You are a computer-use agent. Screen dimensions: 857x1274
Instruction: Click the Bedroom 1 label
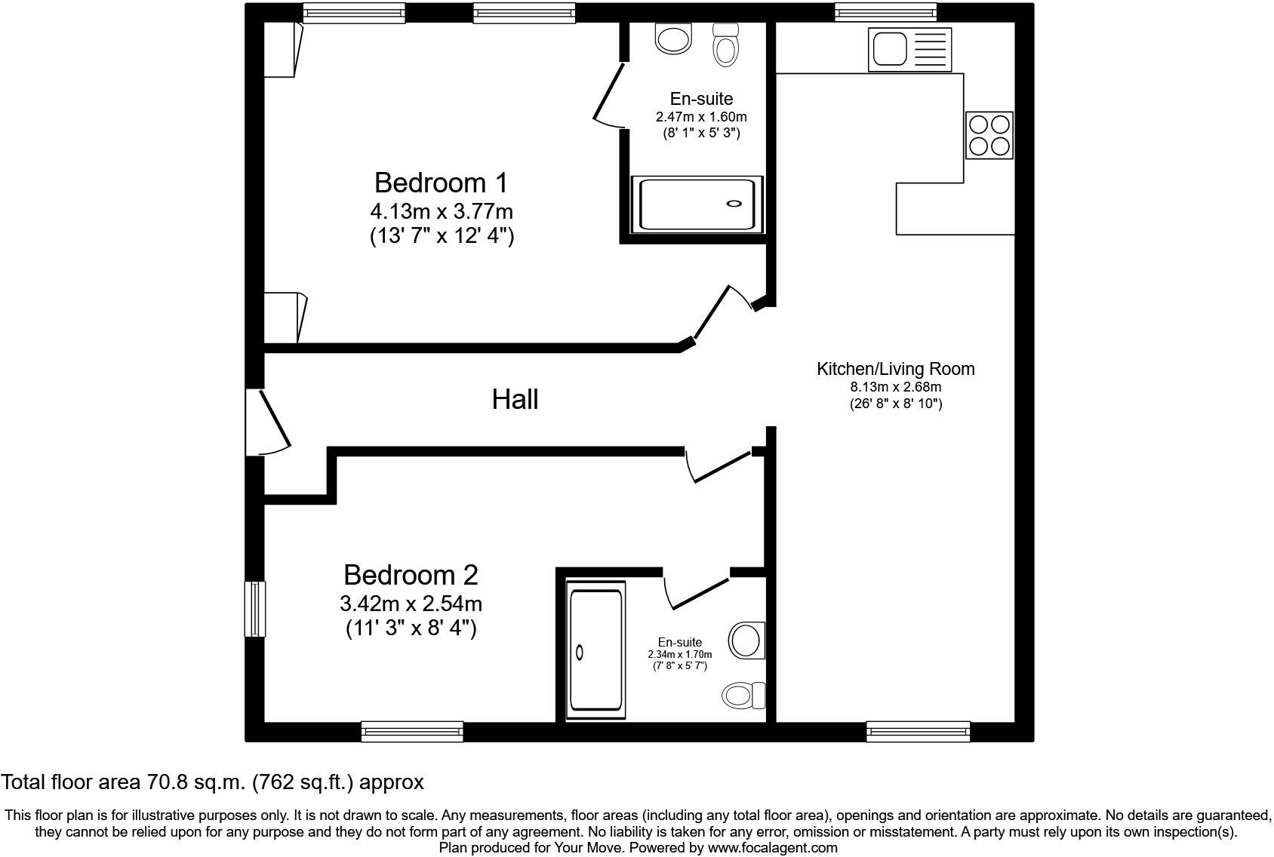pos(441,183)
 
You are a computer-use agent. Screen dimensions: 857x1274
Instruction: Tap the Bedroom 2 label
pos(411,576)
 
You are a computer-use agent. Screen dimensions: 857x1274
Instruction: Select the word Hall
pos(515,399)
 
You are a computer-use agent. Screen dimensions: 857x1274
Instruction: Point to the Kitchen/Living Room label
pos(895,369)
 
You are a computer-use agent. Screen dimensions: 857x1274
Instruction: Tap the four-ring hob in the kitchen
pos(989,135)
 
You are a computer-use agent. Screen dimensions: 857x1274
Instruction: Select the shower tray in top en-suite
pos(697,204)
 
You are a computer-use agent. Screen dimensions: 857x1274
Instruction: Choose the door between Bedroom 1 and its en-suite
pos(608,95)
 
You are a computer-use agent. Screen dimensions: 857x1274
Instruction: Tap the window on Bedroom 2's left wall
pos(255,609)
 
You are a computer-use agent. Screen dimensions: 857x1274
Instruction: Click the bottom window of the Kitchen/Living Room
pos(918,730)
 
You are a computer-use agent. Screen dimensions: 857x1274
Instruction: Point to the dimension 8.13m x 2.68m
pos(895,387)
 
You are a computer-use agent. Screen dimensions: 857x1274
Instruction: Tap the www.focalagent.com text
pos(772,847)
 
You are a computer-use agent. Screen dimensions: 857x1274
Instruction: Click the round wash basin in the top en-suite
pos(673,38)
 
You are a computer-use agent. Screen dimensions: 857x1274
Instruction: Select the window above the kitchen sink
pos(885,11)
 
